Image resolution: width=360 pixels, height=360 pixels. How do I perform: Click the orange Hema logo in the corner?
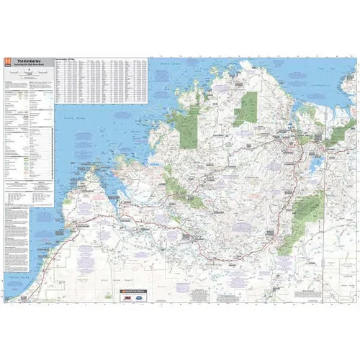[7, 63]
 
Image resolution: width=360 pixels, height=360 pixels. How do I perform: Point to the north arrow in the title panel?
[28, 72]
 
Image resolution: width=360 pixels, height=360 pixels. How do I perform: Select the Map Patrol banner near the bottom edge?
[129, 289]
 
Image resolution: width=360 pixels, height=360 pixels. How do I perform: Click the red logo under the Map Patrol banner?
[123, 296]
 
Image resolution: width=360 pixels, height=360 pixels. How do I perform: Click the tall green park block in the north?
[249, 108]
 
